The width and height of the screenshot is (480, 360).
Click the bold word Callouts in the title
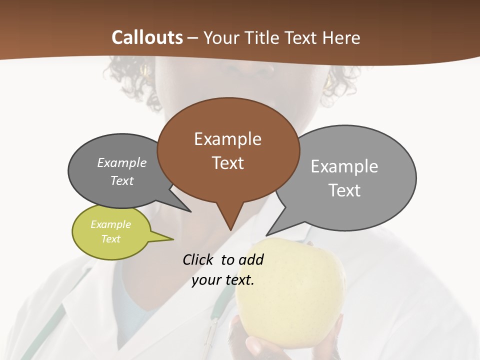tap(147, 38)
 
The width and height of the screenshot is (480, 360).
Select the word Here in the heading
tap(341, 38)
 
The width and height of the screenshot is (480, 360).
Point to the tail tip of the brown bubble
tap(230, 229)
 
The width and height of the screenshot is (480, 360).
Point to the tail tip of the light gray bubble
tap(266, 234)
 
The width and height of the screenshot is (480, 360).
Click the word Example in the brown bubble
tap(227, 139)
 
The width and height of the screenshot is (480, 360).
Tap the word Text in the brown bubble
tap(227, 163)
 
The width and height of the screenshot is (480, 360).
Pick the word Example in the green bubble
tap(110, 224)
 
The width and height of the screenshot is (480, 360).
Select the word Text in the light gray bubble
tap(344, 190)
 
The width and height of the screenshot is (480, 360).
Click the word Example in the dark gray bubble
tap(122, 163)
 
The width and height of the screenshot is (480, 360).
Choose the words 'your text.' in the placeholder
tap(223, 280)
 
